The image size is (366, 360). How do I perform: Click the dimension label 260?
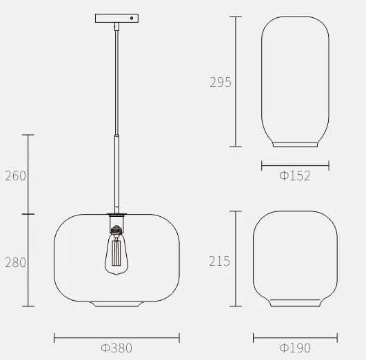(x=15, y=176)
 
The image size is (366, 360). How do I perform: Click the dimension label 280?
(x=15, y=262)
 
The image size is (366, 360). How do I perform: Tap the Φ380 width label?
(x=116, y=348)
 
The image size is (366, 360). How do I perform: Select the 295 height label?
(x=221, y=82)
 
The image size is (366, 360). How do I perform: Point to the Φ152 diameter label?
(x=295, y=176)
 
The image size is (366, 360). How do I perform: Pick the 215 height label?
(x=219, y=261)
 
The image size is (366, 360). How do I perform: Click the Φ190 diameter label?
(x=295, y=348)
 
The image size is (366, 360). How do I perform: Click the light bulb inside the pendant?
(x=116, y=253)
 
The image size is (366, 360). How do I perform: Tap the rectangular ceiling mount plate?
(x=116, y=18)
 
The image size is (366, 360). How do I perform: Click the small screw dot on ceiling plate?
(x=132, y=18)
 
